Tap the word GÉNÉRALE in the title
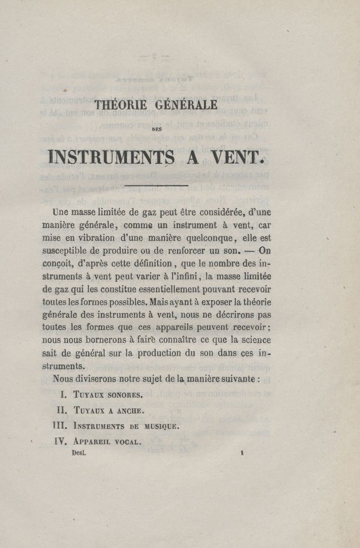click(x=186, y=105)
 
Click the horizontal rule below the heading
click(x=156, y=184)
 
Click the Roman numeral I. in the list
click(x=63, y=395)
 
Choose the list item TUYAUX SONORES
click(x=108, y=395)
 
